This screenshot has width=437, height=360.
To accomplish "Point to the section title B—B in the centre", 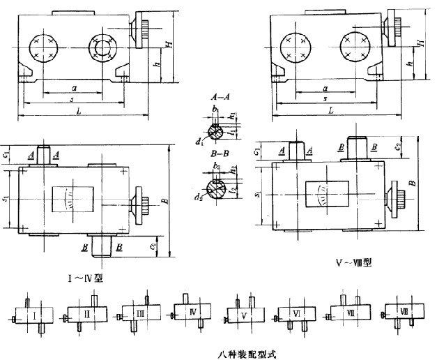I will pos(215,159).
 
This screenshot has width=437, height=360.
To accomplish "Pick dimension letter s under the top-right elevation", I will pos(325,98).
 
